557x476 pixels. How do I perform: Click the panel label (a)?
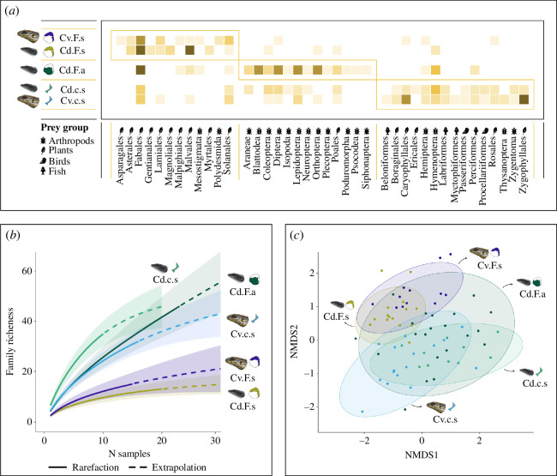click(12, 11)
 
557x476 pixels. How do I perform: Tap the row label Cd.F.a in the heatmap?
click(72, 70)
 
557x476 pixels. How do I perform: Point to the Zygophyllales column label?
click(523, 164)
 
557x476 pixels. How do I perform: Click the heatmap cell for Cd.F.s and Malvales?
click(190, 50)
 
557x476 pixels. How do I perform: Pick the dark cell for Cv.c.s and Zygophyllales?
click(524, 99)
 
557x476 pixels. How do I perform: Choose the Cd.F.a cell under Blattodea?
click(258, 70)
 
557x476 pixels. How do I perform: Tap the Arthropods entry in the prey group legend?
click(68, 141)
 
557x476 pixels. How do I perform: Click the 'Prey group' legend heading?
click(64, 128)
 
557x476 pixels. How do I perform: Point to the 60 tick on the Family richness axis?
click(27, 271)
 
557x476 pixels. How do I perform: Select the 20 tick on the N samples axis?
click(162, 441)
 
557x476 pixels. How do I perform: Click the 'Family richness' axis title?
click(10, 341)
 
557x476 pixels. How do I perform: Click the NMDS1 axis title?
click(422, 455)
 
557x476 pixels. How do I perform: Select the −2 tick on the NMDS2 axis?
click(308, 407)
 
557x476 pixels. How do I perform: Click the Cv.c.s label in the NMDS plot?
click(445, 419)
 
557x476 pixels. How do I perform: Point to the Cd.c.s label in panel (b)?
click(165, 280)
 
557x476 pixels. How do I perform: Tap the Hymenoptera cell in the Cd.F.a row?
click(435, 70)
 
